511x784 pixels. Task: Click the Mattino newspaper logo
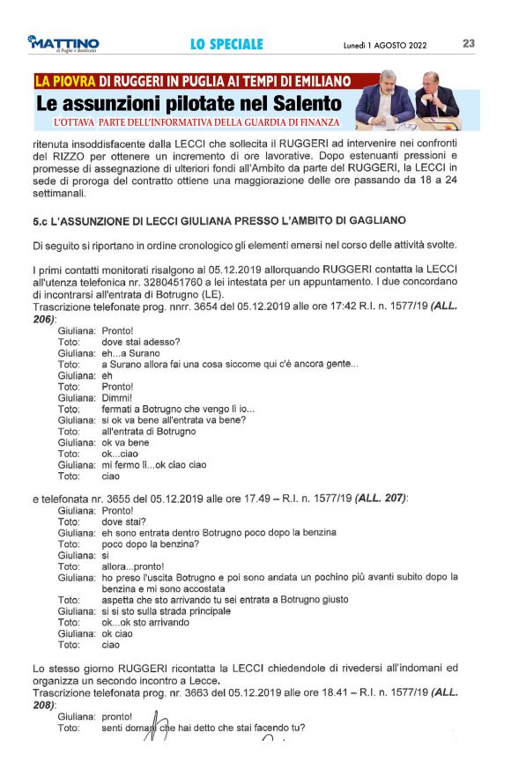pos(63,44)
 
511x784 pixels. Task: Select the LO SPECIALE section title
pos(226,44)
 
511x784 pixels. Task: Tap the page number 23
pos(469,43)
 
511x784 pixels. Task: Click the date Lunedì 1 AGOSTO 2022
pos(385,45)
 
